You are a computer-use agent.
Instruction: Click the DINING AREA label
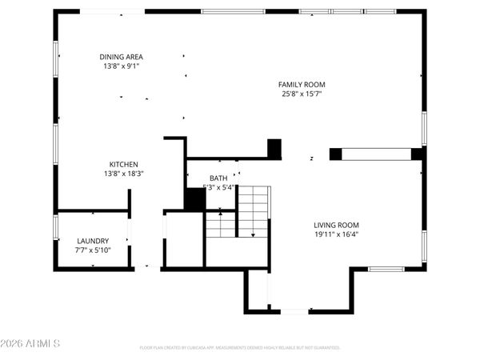point(122,57)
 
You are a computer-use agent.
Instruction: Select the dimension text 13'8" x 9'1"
point(122,66)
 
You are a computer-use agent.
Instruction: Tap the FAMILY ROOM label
point(302,84)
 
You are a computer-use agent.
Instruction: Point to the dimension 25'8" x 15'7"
point(302,94)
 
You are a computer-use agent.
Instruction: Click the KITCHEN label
point(122,163)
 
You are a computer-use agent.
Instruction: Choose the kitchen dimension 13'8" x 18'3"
point(122,173)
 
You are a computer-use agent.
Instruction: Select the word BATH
point(218,178)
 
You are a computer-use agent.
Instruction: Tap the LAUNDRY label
point(93,241)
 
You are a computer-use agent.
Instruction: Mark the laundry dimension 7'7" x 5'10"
point(93,250)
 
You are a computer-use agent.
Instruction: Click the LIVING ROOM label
point(336,226)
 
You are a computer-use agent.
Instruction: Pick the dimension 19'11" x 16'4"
point(336,235)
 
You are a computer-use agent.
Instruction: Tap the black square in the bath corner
point(194,199)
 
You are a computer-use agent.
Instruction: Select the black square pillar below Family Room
point(274,148)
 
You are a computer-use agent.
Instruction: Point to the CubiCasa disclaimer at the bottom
point(240,348)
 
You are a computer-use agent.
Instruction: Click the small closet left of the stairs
point(184,239)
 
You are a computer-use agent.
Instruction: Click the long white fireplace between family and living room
point(376,154)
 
